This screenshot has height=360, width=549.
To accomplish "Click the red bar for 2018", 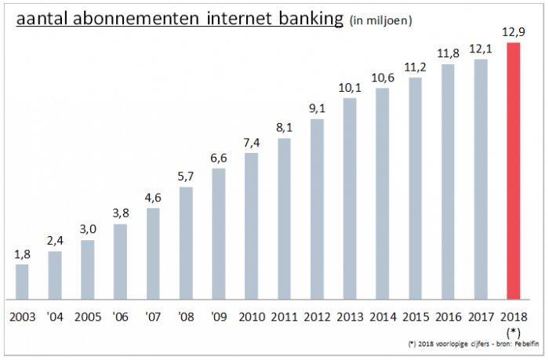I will click(x=514, y=171).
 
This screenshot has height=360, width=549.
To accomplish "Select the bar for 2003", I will click(x=22, y=282).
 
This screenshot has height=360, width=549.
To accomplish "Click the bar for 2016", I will click(x=448, y=181).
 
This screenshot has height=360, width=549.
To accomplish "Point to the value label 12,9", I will click(x=514, y=32).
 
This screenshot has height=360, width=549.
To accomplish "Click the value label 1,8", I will click(x=22, y=254).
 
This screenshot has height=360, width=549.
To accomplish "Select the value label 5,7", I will click(x=186, y=176).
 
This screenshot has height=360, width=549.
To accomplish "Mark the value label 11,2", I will click(x=416, y=67).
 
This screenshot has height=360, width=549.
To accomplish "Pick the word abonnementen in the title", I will click(x=141, y=18).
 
